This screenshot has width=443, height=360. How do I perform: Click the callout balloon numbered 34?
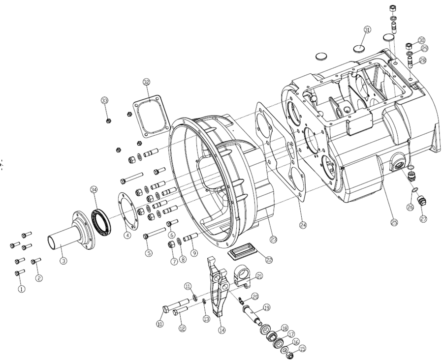click(94, 190)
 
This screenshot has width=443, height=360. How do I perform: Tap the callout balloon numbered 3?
click(63, 261)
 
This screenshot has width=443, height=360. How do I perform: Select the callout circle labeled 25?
click(393, 222)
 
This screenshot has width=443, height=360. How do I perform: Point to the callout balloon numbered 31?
click(367, 30)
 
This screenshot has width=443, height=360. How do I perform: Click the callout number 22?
click(269, 259)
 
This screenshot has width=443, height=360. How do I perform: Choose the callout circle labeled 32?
click(146, 82)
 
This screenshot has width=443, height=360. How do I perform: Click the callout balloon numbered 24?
click(303, 225)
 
